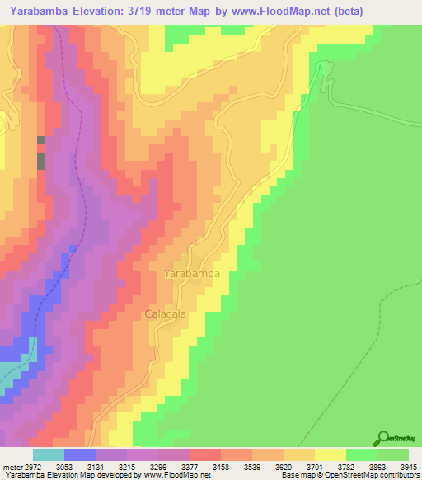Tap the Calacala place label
tap(165, 314)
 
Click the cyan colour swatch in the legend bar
tap(48, 454)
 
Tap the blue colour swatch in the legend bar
tap(79, 454)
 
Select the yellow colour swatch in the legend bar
tap(330, 454)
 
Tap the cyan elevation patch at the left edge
tap(15, 363)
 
